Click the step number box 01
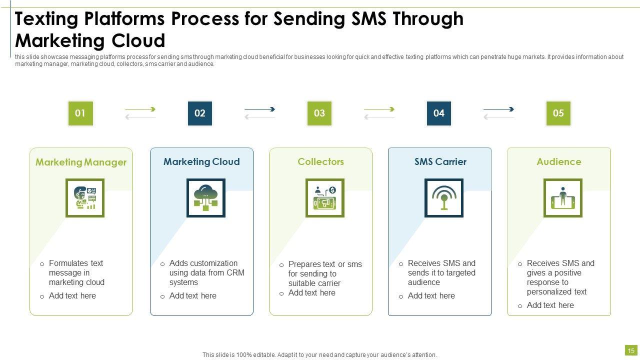[x=80, y=113]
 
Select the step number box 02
[x=199, y=113]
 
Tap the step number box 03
[x=319, y=113]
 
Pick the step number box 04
[x=439, y=113]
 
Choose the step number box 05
[x=558, y=113]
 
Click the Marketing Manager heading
[x=81, y=162]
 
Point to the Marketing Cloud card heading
[x=201, y=161]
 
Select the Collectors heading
[x=320, y=161]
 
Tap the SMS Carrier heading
[x=440, y=161]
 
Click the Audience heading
[x=559, y=161]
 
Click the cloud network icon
[x=205, y=198]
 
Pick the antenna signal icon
[x=443, y=198]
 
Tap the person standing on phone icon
[x=562, y=198]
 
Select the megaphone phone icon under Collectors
[x=324, y=198]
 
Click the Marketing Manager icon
[x=85, y=198]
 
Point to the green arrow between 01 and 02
[x=140, y=109]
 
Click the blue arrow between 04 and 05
[x=498, y=109]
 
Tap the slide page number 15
[x=631, y=350]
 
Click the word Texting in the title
[x=47, y=19]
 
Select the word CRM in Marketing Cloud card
[x=235, y=272]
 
